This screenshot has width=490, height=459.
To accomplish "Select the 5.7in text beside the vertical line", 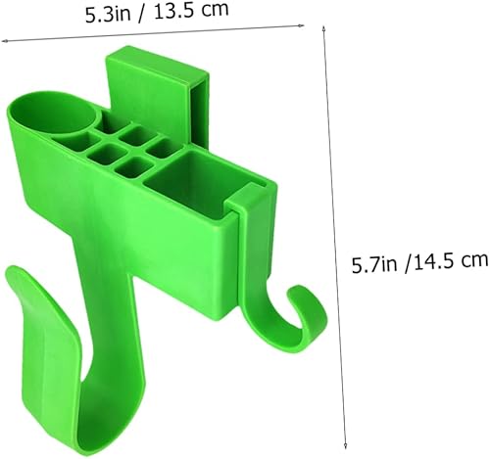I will (x=374, y=261).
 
